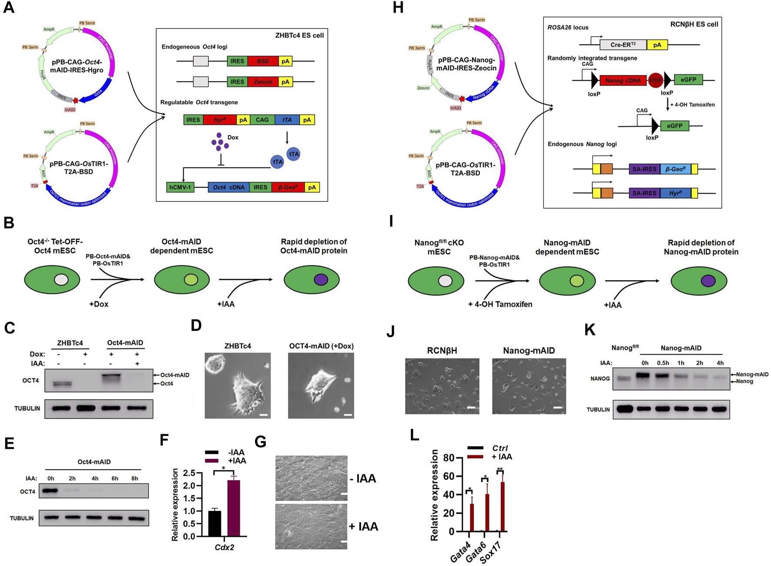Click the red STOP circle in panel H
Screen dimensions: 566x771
click(655, 80)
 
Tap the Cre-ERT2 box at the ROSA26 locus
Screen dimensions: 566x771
click(623, 45)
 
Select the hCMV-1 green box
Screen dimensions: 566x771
click(180, 187)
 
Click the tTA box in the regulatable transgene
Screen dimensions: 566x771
click(287, 120)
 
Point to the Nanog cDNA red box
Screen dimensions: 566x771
click(623, 80)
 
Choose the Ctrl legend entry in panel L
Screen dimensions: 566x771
click(500, 448)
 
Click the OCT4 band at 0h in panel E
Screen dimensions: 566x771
click(51, 491)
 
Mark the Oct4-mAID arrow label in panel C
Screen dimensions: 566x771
click(174, 375)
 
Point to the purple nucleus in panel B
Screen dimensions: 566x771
click(321, 280)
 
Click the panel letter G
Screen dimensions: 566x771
click(261, 442)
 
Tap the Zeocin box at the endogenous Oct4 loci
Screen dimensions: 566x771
click(263, 82)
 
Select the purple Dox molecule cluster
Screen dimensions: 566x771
click(220, 141)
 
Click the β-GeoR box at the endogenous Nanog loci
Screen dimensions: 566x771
click(675, 169)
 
